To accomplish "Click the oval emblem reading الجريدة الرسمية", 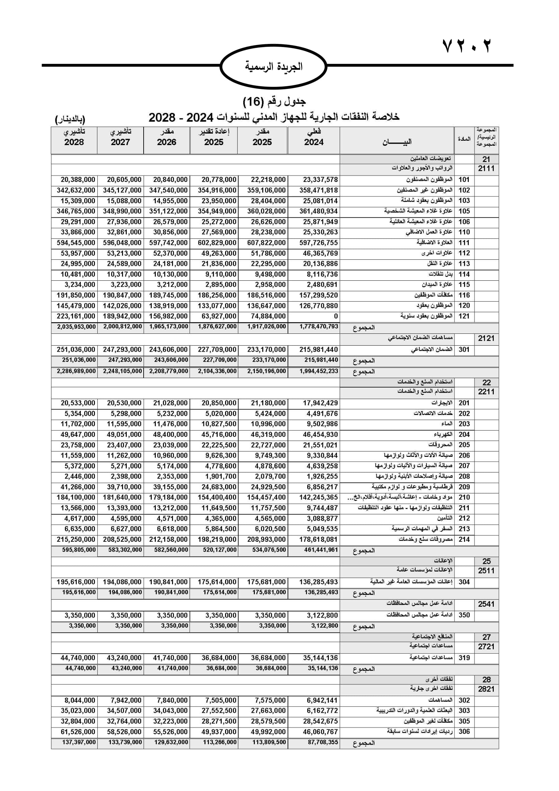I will pos(273,67).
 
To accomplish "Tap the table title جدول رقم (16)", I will pos(274,102).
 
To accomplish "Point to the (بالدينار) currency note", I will pos(70,119).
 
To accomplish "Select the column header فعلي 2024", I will pos(314,137).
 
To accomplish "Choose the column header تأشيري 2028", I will pos(74,137).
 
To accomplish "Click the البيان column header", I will pos(397,142).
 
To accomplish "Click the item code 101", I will pos(464,180).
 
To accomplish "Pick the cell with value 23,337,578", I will pos(320,180).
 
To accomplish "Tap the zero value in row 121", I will pos(336,316).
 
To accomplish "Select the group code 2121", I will pos(486,338).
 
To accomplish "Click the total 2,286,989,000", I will pos(76,371).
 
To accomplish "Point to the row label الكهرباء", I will pos(443,435).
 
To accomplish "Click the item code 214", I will pos(464,539).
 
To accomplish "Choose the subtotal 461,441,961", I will pos(321,550).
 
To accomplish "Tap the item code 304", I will pos(464,582).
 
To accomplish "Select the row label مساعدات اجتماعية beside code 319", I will pos(431,658).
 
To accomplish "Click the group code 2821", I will pos(486,689).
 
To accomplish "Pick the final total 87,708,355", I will pos(322,742).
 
